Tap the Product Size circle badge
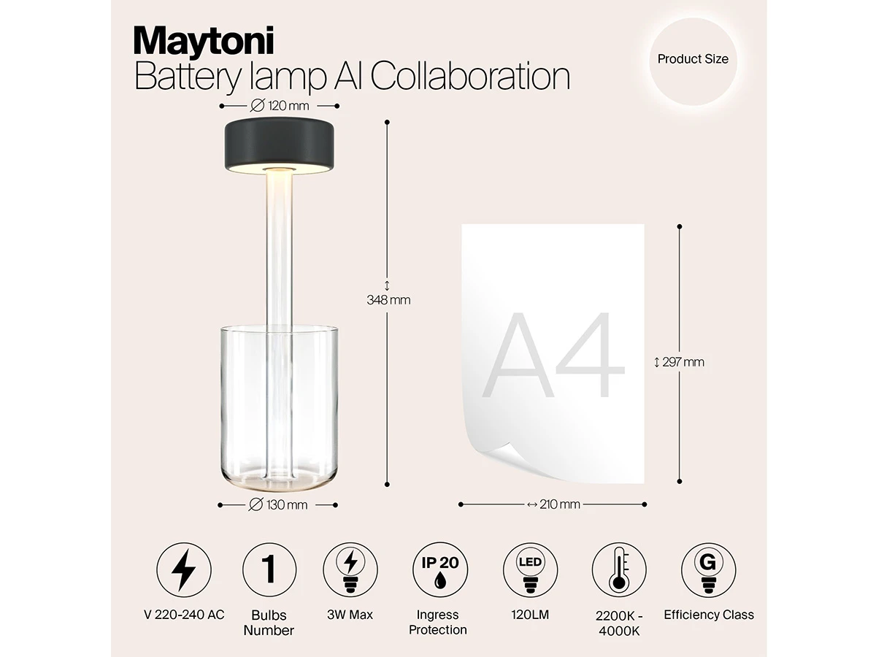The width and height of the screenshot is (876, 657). tap(693, 61)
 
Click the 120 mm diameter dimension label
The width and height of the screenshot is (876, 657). tap(280, 106)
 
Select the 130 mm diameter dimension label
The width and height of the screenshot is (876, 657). tap(278, 505)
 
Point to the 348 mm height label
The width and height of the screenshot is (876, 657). tap(388, 299)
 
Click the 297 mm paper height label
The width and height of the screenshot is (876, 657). tap(679, 362)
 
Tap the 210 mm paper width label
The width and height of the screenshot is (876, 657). tap(553, 504)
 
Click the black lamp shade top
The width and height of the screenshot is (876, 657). tap(280, 145)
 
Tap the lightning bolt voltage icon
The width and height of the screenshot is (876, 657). tap(183, 569)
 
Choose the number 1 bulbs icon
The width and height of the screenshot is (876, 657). tap(269, 569)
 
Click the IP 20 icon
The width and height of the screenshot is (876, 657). tap(440, 569)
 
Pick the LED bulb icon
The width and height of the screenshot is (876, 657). tap(531, 569)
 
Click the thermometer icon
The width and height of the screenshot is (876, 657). tap(619, 569)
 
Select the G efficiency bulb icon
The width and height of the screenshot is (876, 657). tap(708, 569)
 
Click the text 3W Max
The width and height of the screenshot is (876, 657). tap(350, 615)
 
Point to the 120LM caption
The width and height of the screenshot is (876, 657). tap(530, 615)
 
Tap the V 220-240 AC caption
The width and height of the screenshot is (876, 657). tap(184, 615)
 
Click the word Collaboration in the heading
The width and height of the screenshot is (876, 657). tap(471, 76)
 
